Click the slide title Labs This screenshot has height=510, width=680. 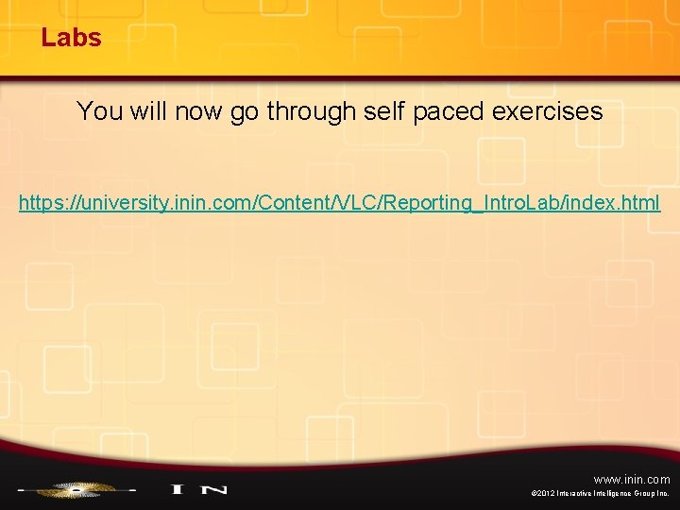(x=71, y=38)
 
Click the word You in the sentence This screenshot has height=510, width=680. (x=98, y=111)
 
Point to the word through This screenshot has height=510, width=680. (x=310, y=111)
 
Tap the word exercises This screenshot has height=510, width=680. (x=547, y=111)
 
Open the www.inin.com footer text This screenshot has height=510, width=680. (x=632, y=480)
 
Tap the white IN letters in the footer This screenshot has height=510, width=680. (x=198, y=489)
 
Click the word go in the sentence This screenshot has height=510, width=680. (x=243, y=111)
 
